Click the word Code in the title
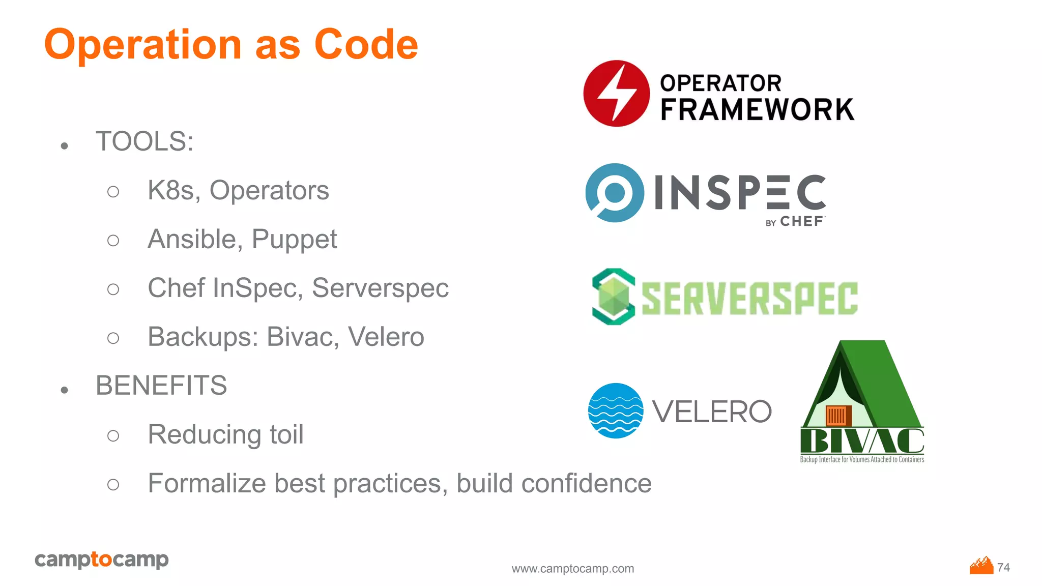tap(366, 45)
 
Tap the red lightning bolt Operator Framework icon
tap(616, 94)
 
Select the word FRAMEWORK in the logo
tap(757, 110)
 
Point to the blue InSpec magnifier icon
tap(615, 193)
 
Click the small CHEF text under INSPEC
tap(801, 222)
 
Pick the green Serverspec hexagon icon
tap(614, 297)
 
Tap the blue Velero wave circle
tap(616, 411)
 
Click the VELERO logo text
tap(712, 412)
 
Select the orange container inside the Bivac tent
tap(838, 416)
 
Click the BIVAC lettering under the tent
tap(862, 441)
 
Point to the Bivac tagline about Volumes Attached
tap(862, 459)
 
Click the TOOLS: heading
tap(144, 141)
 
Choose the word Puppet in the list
tap(294, 239)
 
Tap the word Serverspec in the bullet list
tap(380, 288)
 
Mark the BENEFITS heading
tap(161, 386)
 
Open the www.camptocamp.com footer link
tap(573, 569)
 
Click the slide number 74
tap(1003, 567)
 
